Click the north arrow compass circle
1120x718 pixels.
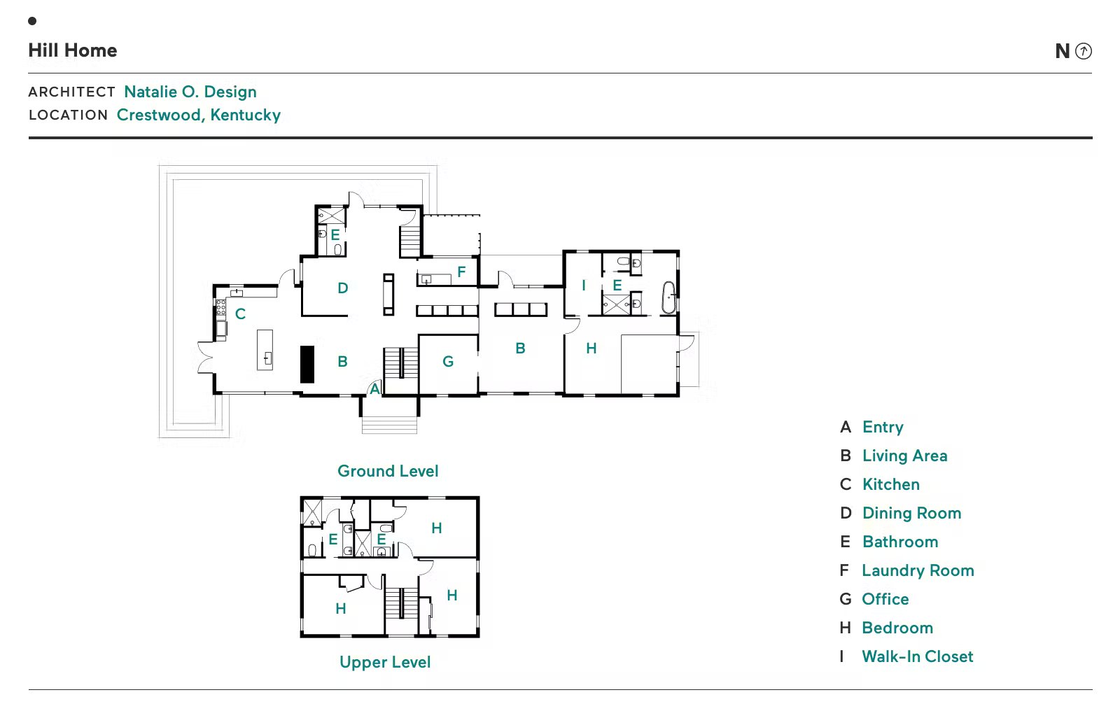(x=1083, y=51)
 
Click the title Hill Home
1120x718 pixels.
(x=73, y=50)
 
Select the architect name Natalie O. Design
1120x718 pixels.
(x=190, y=92)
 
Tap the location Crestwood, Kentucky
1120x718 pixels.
(x=199, y=115)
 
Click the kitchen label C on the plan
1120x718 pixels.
(x=241, y=314)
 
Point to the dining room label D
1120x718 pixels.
(x=342, y=288)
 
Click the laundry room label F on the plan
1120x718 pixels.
(x=461, y=272)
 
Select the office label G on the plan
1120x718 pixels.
(x=448, y=362)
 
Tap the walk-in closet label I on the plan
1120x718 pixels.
(x=584, y=286)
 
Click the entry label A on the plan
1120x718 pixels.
(x=375, y=388)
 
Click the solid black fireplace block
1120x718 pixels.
(x=307, y=365)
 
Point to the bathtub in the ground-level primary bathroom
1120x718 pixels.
(x=668, y=298)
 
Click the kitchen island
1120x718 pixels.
(x=265, y=350)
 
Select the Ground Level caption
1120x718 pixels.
(x=388, y=471)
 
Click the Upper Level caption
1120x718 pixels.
(x=385, y=662)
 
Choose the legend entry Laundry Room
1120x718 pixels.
(x=918, y=570)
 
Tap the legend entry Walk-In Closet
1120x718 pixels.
(x=918, y=656)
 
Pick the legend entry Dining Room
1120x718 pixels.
(x=911, y=513)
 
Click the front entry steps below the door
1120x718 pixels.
(x=389, y=425)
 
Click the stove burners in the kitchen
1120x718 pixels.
(x=220, y=307)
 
